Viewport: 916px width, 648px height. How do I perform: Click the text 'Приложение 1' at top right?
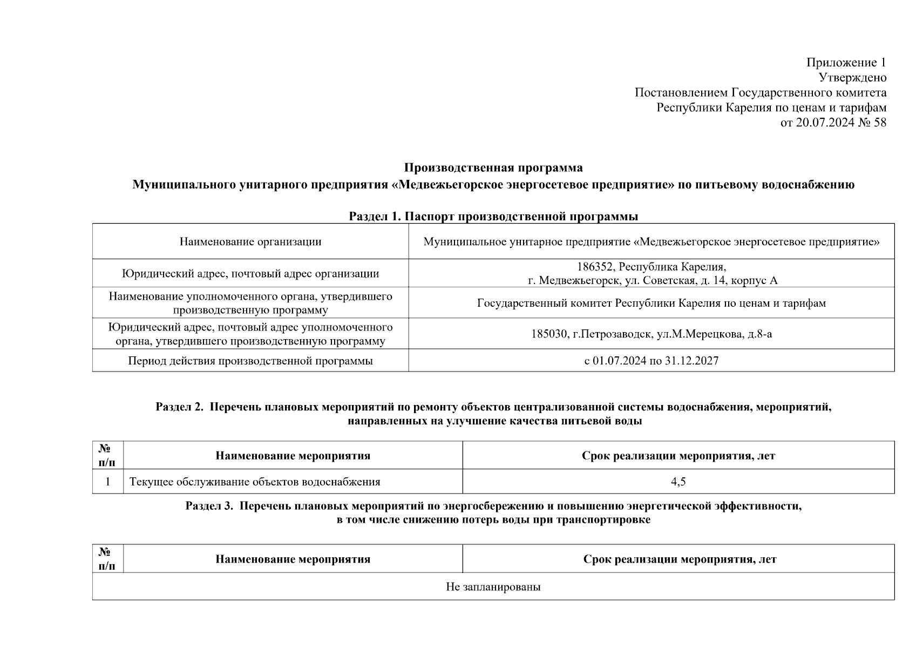(846, 63)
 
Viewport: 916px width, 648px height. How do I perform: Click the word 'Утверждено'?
(852, 78)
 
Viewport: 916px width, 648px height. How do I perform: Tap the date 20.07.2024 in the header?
(825, 123)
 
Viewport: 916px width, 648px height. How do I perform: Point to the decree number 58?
(879, 123)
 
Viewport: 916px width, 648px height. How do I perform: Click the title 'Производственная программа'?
(493, 167)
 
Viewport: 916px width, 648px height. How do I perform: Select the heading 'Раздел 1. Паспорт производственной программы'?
(493, 217)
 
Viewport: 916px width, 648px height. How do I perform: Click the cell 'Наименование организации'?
(250, 241)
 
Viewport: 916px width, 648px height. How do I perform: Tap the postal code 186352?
(594, 267)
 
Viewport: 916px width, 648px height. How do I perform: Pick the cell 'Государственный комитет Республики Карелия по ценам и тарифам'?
(652, 303)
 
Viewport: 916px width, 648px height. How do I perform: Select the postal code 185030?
(549, 334)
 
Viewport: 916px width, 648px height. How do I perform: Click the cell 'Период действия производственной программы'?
(250, 361)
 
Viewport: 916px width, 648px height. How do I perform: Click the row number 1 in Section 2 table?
(108, 482)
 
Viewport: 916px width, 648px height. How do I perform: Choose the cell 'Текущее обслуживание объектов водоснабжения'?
(255, 482)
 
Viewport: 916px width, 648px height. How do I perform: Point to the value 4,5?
(678, 482)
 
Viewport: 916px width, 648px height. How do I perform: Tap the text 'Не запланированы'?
(493, 586)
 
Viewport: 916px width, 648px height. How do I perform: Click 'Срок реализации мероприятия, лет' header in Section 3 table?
(680, 559)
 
